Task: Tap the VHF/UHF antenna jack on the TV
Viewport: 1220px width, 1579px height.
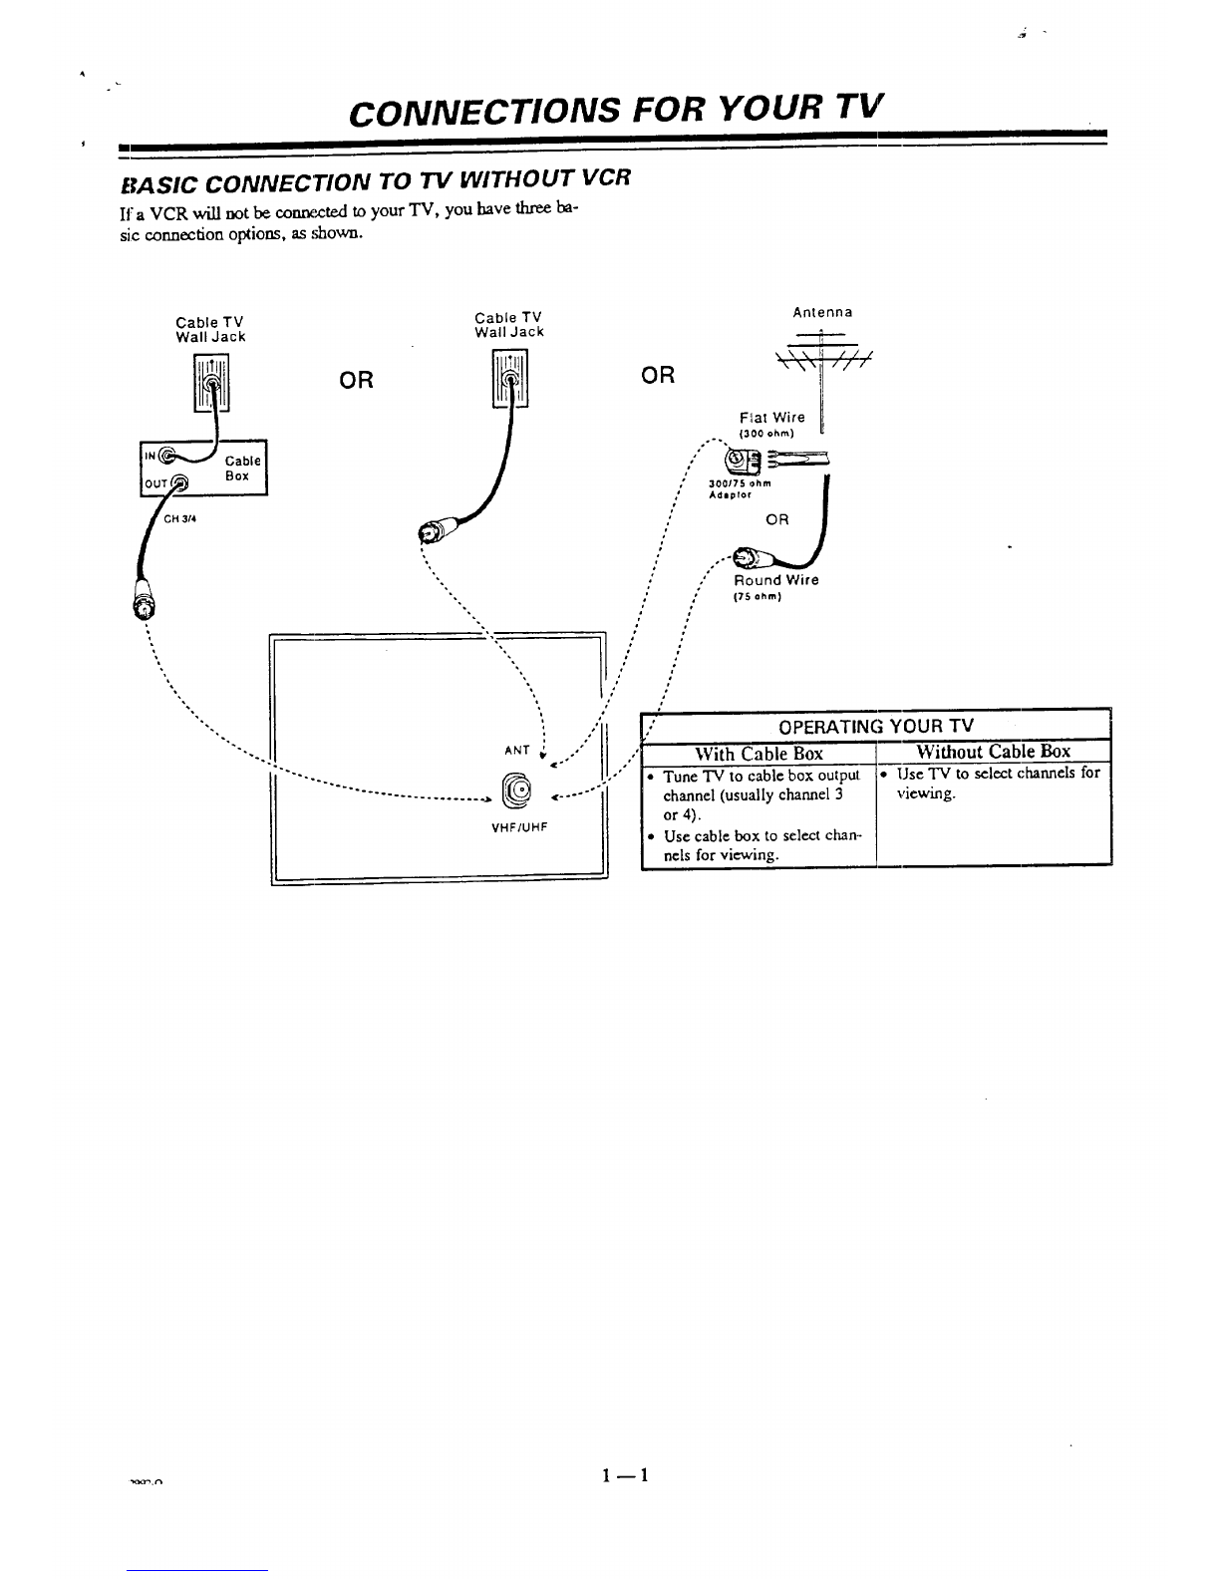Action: click(518, 790)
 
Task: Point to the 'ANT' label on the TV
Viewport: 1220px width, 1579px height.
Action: click(516, 750)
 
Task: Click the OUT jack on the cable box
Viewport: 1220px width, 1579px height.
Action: click(179, 485)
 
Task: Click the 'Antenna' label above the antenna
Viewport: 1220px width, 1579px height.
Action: click(822, 312)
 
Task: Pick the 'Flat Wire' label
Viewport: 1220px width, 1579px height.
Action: click(772, 418)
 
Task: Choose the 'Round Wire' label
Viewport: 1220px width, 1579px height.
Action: click(776, 580)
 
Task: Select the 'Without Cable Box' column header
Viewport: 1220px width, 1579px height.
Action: click(993, 752)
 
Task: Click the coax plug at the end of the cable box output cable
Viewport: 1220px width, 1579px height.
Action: click(145, 603)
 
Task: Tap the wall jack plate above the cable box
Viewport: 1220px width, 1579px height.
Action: click(211, 384)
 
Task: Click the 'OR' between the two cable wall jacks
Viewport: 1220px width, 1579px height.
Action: click(357, 380)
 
